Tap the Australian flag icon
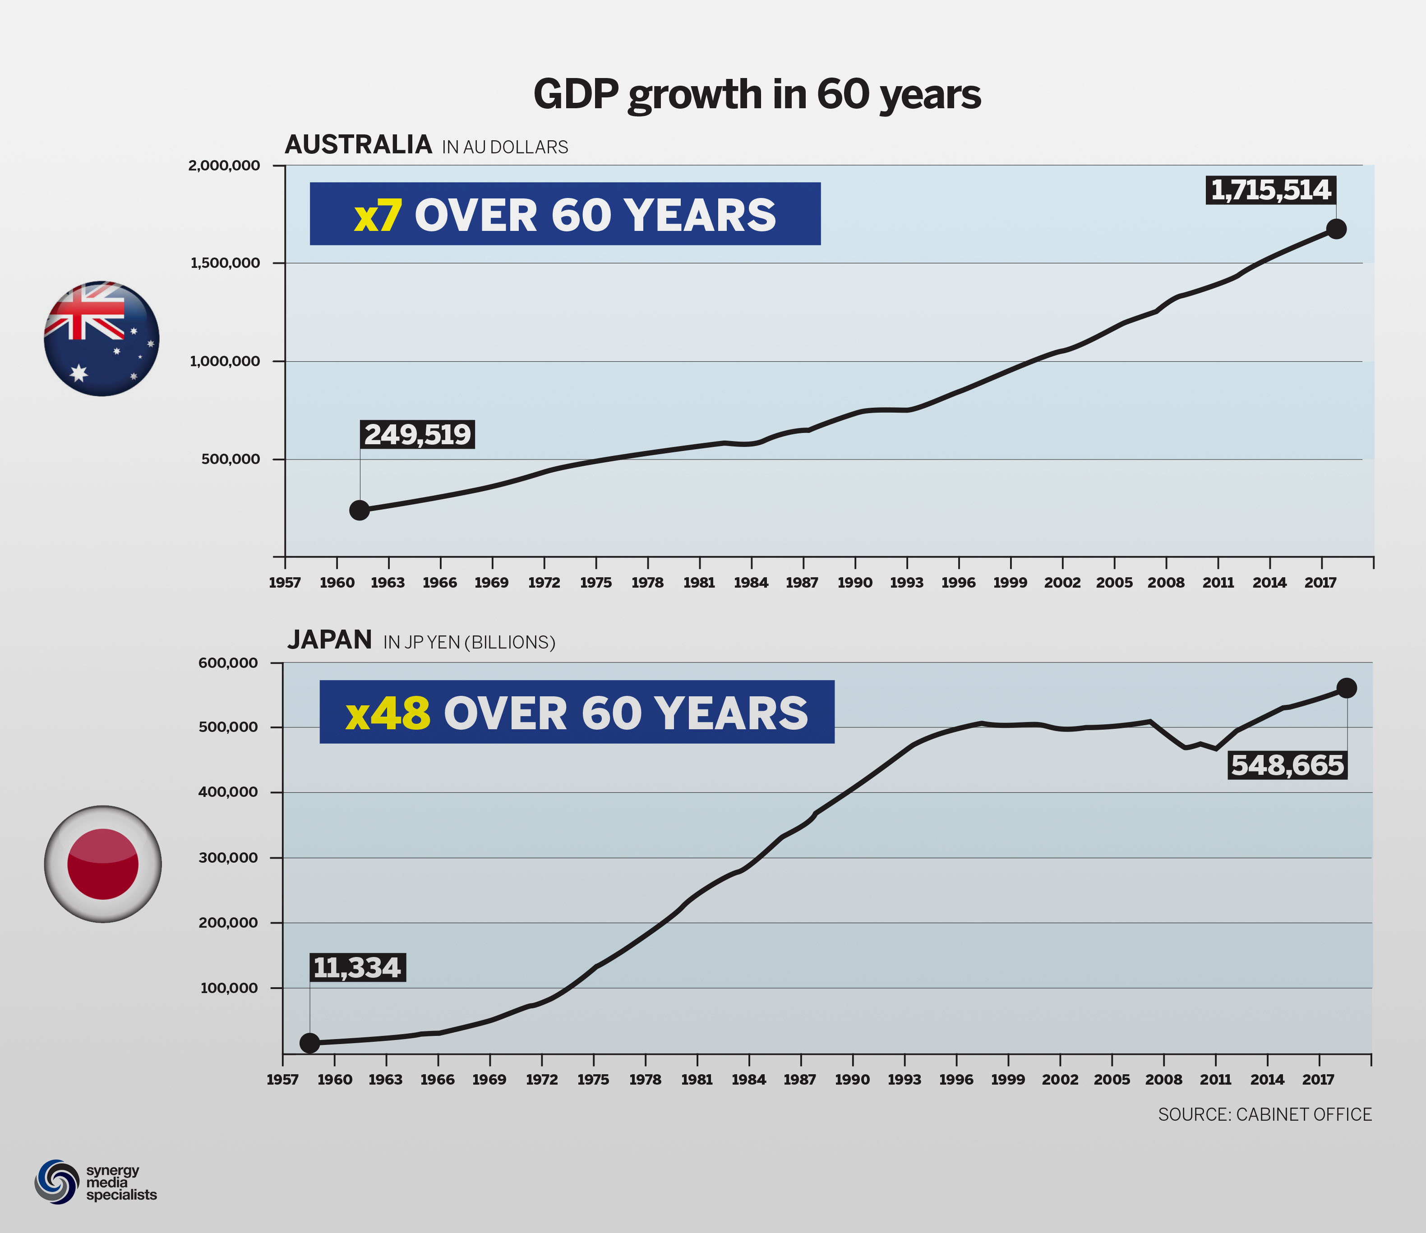pyautogui.click(x=102, y=339)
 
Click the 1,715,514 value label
pyautogui.click(x=1270, y=190)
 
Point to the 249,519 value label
pyautogui.click(x=417, y=434)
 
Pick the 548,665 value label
pyautogui.click(x=1287, y=765)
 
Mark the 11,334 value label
pyautogui.click(x=357, y=967)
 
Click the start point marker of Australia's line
pyautogui.click(x=359, y=510)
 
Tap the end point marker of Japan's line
pyautogui.click(x=1346, y=688)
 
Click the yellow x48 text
pyautogui.click(x=388, y=713)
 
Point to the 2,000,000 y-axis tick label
pyautogui.click(x=224, y=166)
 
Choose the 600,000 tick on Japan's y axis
pyautogui.click(x=228, y=663)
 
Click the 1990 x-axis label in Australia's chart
pyautogui.click(x=855, y=583)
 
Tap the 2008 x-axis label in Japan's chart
pyautogui.click(x=1163, y=1080)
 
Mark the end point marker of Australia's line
pyautogui.click(x=1336, y=229)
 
